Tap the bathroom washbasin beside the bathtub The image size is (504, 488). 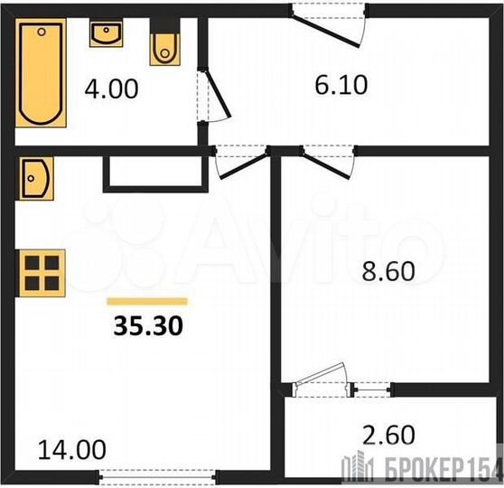pos(106,35)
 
